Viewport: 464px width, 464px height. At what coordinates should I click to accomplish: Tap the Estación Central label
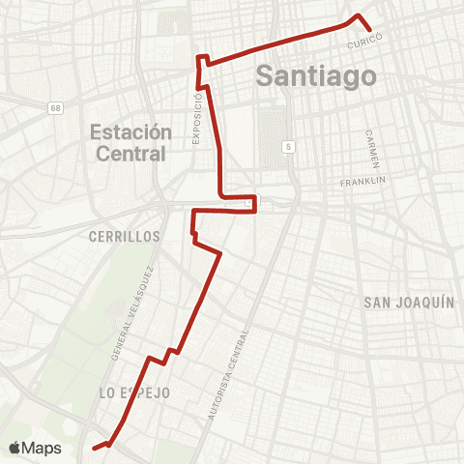click(130, 142)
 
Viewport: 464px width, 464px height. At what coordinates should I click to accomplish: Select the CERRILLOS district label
click(123, 236)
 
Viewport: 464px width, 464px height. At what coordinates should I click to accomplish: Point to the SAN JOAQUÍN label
click(409, 303)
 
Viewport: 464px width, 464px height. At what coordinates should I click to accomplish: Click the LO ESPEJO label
click(134, 392)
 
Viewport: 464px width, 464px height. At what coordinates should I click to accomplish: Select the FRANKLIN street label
click(363, 181)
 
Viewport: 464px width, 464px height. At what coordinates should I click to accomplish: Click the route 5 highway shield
click(288, 145)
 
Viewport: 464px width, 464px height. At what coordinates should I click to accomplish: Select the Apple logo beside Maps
click(14, 448)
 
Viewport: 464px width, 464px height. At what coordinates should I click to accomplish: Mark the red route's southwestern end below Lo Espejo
click(94, 448)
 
